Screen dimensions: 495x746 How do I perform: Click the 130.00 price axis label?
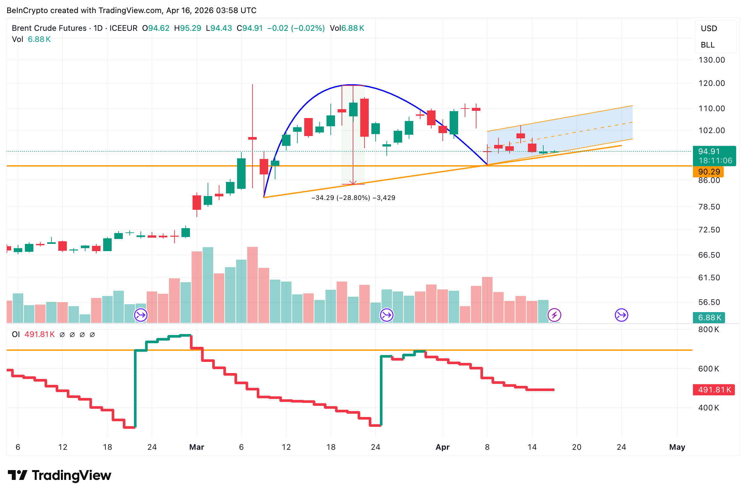tap(711, 60)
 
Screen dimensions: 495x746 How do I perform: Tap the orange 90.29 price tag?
tap(709, 172)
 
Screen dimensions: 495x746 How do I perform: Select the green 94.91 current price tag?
tap(714, 156)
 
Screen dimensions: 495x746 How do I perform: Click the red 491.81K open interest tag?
tap(714, 390)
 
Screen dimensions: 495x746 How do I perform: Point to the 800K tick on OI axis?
tap(708, 329)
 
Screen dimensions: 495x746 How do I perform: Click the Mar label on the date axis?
tap(196, 447)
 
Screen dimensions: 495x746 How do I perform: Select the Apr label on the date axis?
tap(442, 447)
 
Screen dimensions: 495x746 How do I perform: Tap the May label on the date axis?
tap(677, 447)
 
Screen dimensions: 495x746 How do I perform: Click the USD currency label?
tap(709, 29)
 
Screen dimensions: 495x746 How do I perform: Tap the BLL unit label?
tap(707, 45)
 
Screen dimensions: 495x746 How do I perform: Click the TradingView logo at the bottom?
tap(60, 475)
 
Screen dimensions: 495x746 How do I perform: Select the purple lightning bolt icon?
tap(554, 315)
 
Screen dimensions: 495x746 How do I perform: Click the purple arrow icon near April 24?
tap(621, 315)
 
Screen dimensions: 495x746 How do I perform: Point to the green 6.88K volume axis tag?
tap(709, 318)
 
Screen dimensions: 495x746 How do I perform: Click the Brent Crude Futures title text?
tap(49, 28)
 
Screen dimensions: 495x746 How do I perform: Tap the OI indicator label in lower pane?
tap(16, 334)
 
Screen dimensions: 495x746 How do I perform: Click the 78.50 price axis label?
tap(709, 207)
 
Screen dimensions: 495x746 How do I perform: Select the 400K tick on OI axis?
tap(708, 408)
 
